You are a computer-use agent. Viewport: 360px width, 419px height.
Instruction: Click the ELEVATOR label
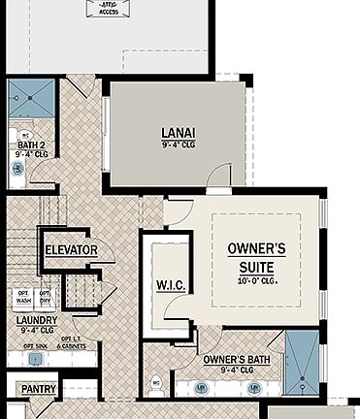pos(71,250)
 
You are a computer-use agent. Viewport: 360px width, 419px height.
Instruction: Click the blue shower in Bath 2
pos(30,98)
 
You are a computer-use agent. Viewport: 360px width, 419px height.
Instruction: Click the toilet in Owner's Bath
pos(157,383)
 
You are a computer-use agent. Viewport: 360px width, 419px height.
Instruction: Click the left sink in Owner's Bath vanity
pos(202,388)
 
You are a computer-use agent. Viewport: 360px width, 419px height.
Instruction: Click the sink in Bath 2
pos(16,169)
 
